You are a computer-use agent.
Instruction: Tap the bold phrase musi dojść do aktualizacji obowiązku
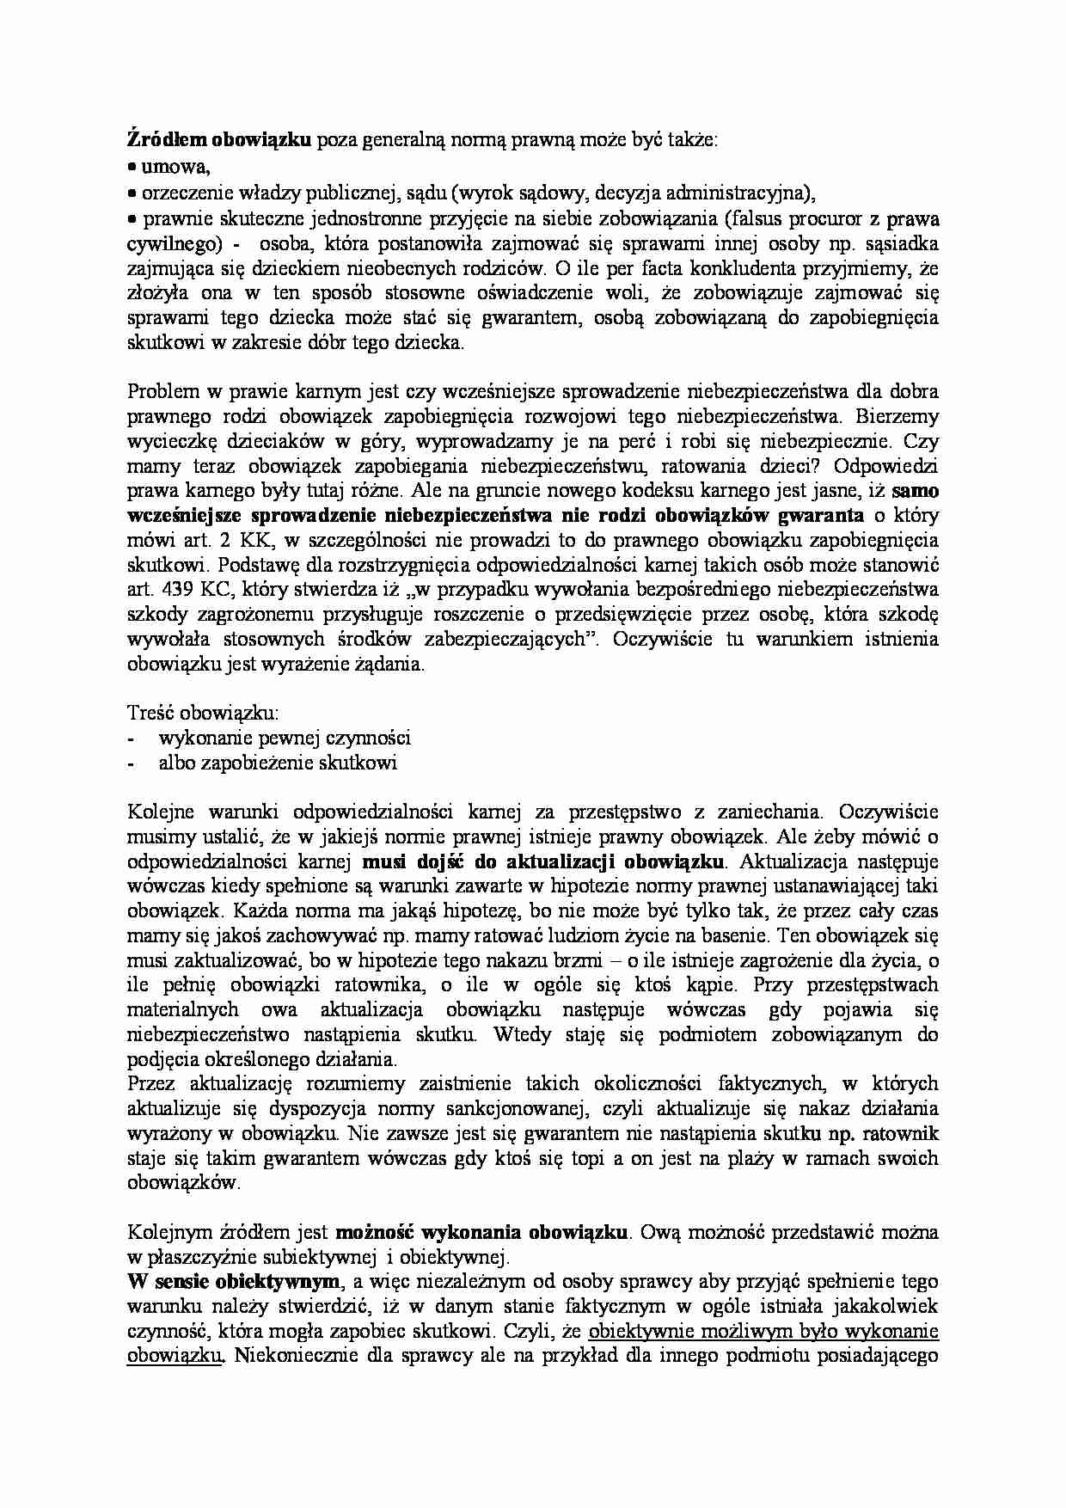pos(544,861)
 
